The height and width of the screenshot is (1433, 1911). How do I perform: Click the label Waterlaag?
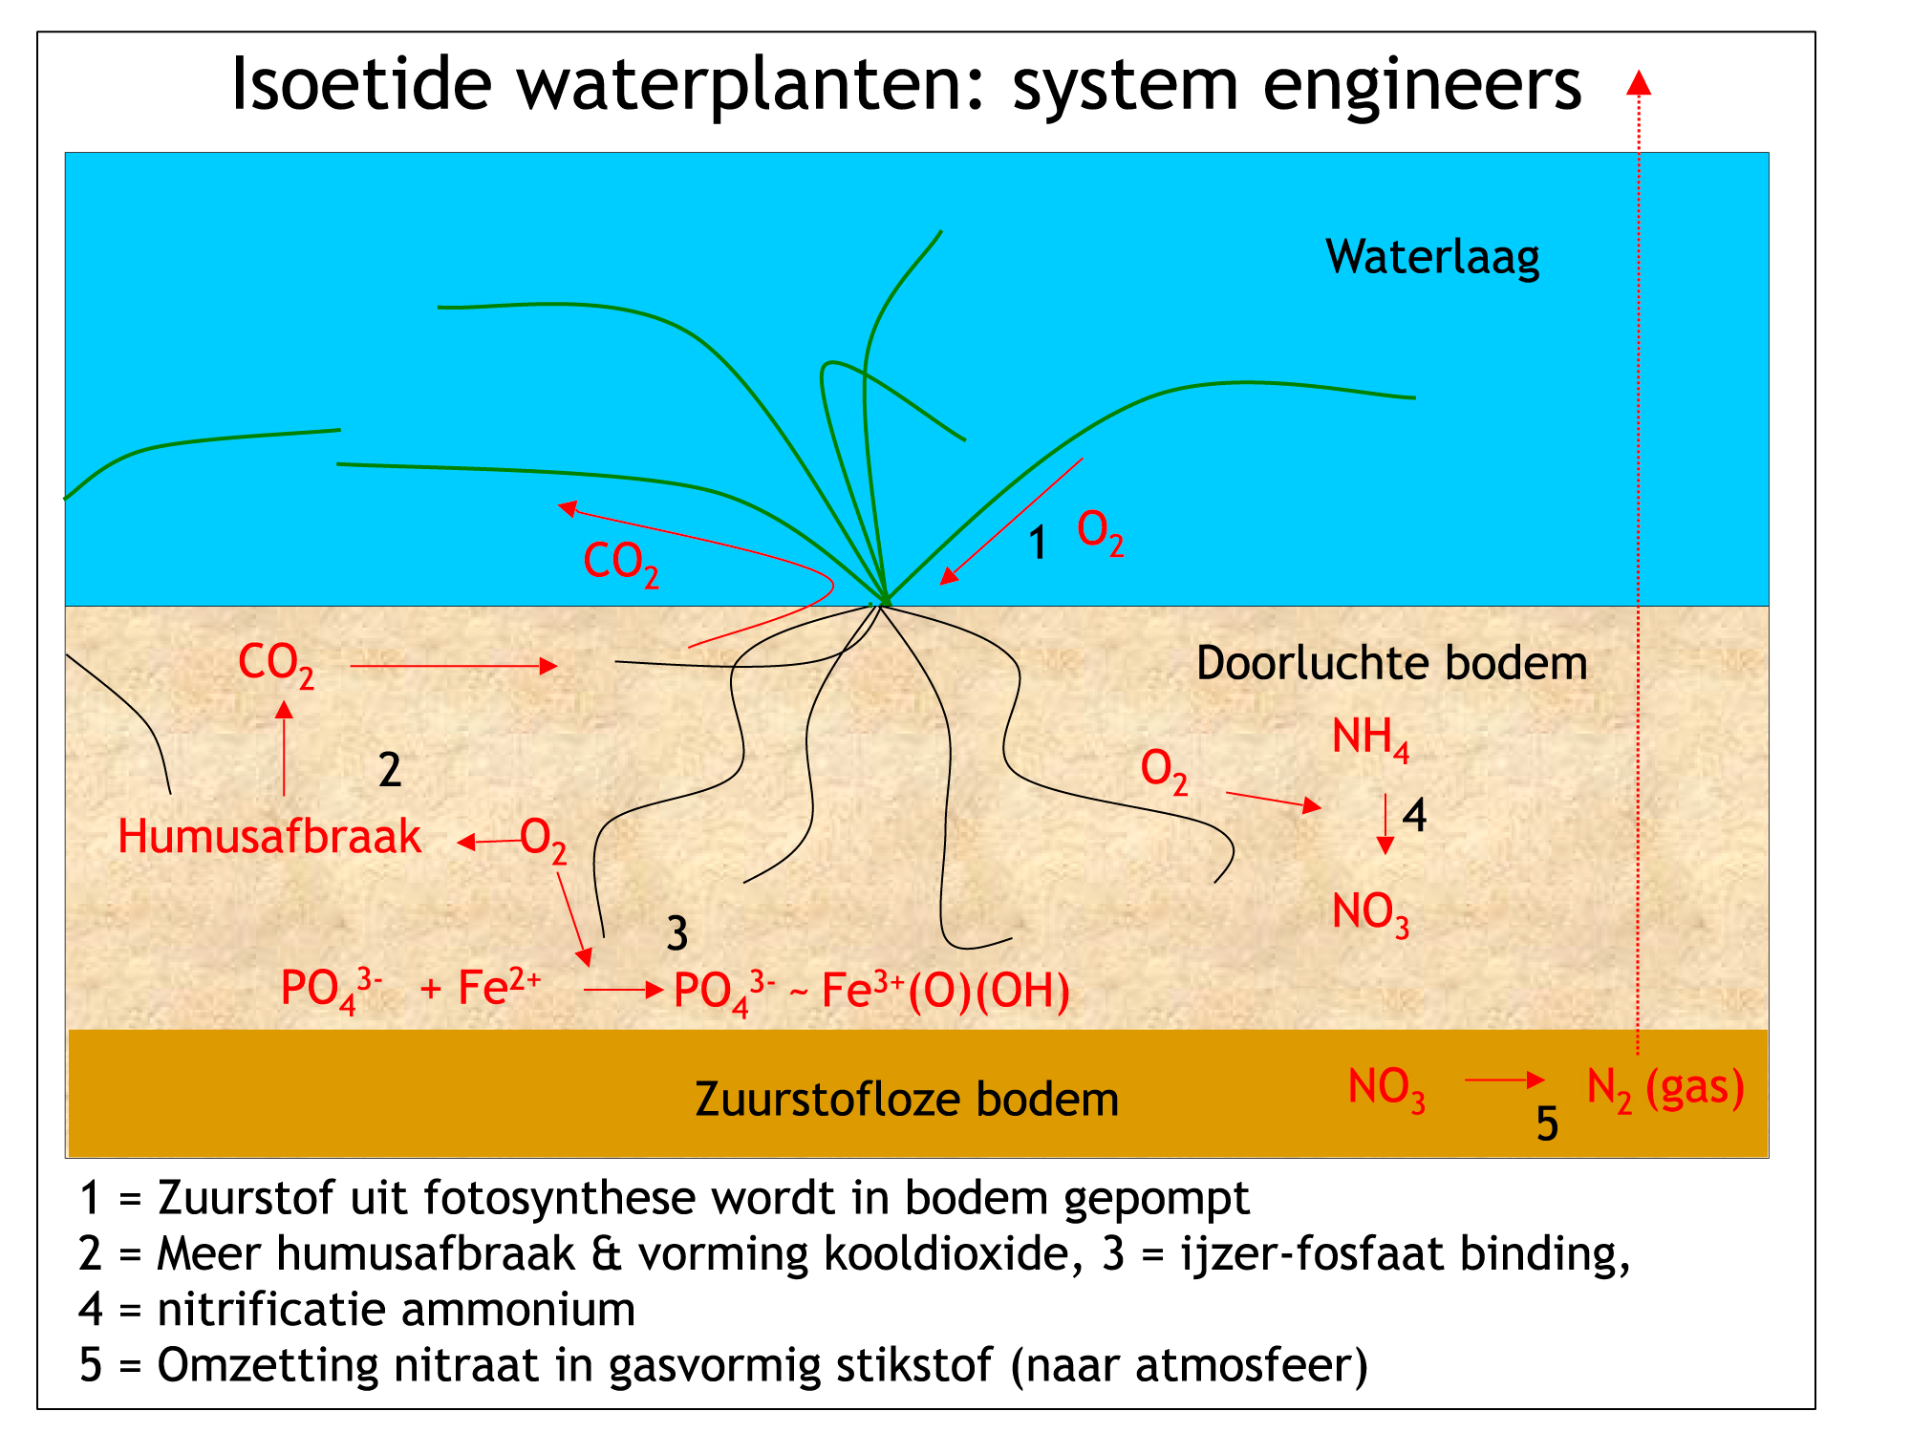pos(1432,258)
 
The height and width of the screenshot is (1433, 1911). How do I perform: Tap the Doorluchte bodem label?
pos(1391,663)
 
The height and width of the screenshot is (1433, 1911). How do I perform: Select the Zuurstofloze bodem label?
pos(907,1099)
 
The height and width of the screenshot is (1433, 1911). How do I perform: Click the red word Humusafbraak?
pos(269,836)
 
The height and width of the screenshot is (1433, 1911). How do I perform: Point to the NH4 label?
pos(1370,738)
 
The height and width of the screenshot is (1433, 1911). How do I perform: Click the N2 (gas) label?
pos(1665,1089)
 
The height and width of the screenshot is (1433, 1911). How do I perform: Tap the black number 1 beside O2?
pos(1038,543)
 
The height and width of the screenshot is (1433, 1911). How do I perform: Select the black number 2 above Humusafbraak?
pos(390,770)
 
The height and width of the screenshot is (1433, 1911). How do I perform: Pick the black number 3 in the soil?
pos(677,933)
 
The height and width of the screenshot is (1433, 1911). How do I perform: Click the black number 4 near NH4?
pos(1414,816)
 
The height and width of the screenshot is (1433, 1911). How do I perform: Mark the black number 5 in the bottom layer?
pos(1547,1123)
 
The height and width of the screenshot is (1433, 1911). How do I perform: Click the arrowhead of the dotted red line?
pos(1639,82)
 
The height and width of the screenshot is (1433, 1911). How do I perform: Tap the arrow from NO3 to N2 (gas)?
pos(1505,1080)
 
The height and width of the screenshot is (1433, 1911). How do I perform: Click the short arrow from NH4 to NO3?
pos(1385,823)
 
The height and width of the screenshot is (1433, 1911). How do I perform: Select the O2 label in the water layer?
pos(1100,532)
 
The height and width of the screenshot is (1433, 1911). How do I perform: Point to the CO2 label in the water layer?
pos(621,564)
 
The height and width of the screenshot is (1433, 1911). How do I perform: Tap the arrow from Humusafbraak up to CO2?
pos(284,748)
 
